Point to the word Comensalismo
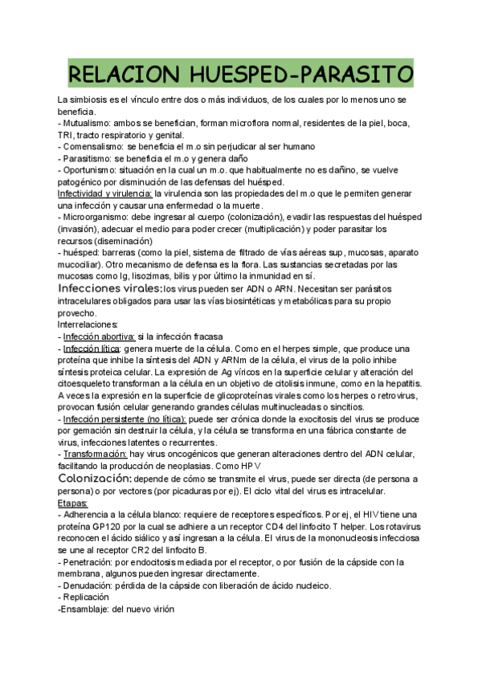(x=92, y=147)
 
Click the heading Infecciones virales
(x=108, y=288)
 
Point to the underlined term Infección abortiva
(x=99, y=336)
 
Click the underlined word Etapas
(x=72, y=502)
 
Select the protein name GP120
(x=104, y=525)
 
